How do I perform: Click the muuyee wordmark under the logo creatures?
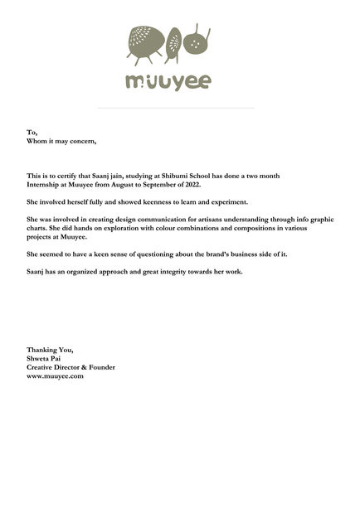coord(168,82)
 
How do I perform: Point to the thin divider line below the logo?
coord(175,108)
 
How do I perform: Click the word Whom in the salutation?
coord(36,140)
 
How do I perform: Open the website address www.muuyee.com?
coord(55,375)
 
